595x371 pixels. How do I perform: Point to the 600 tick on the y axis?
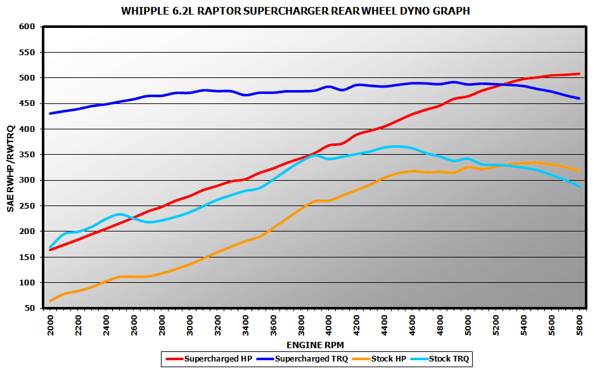click(x=27, y=27)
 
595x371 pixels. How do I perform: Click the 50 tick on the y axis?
click(x=29, y=308)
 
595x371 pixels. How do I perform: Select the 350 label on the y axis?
click(x=27, y=155)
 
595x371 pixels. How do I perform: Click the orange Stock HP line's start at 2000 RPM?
click(x=50, y=301)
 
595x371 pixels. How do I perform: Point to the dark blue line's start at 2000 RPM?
click(x=50, y=114)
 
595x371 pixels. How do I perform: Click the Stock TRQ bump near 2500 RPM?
click(x=120, y=214)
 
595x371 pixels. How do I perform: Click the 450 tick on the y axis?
click(x=27, y=103)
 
